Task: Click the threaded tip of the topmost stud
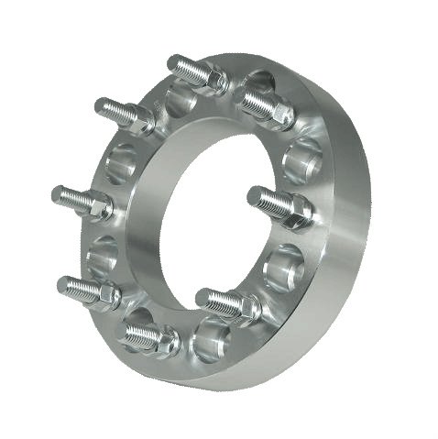[178, 63]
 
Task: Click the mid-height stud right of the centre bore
[275, 203]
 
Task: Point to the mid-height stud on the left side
[78, 198]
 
